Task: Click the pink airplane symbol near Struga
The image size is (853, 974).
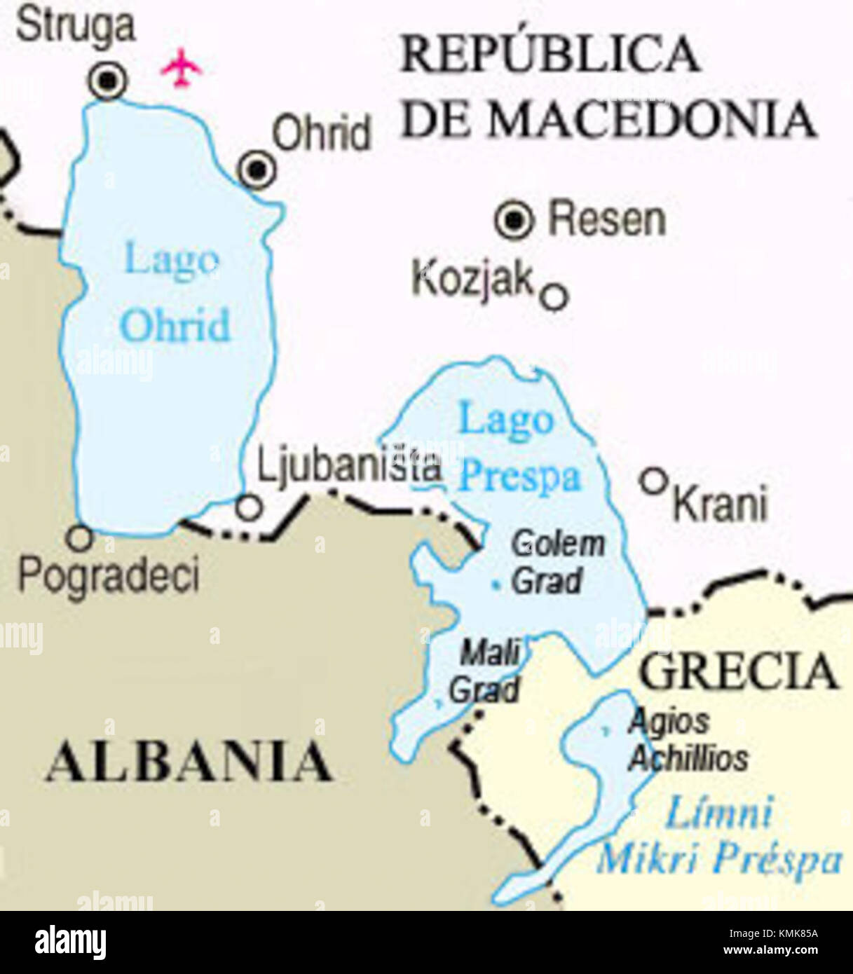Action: pos(182,68)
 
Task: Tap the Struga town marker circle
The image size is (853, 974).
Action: pos(108,81)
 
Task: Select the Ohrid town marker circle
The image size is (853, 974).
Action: pos(257,170)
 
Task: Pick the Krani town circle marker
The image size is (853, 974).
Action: pos(653,481)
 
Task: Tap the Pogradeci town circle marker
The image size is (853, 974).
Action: pos(79,538)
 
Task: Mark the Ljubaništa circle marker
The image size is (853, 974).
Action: pos(249,507)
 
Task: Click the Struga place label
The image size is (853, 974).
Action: pos(75,27)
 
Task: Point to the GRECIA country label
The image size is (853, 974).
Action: pos(739,672)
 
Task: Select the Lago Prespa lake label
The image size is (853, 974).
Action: pos(519,450)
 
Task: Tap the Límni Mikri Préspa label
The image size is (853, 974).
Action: pos(719,837)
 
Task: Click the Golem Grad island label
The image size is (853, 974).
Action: pos(557,563)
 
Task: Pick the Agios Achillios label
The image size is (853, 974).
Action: pos(687,739)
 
